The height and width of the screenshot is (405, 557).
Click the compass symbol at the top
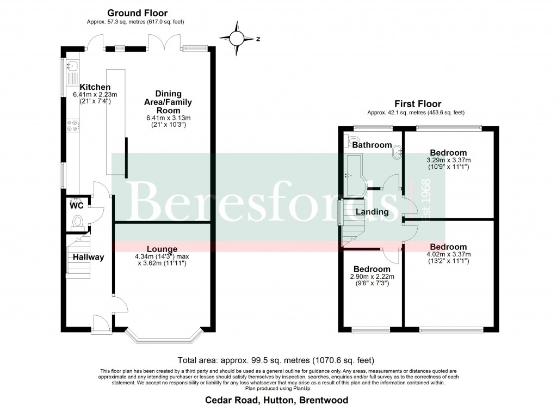click(237, 39)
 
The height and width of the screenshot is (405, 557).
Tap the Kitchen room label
click(95, 87)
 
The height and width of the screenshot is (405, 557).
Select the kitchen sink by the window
click(71, 66)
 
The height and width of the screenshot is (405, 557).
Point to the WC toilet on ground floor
click(78, 222)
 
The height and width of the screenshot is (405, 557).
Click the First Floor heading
click(418, 104)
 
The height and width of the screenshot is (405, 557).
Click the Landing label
click(373, 212)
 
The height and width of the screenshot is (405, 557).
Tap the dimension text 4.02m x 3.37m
click(448, 254)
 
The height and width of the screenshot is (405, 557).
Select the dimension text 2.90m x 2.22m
click(372, 277)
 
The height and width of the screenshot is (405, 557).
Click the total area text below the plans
click(276, 360)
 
